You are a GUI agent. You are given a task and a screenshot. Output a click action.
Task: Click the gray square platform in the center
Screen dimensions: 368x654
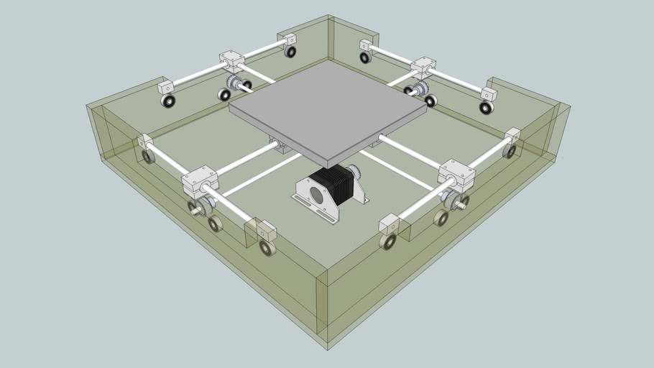pos(327,108)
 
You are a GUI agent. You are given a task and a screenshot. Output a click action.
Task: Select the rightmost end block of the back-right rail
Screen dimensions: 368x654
pos(489,95)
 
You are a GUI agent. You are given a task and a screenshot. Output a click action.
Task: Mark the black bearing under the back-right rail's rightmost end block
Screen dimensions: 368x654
pos(487,108)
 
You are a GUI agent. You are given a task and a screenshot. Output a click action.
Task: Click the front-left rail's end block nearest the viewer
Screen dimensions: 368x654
pos(266,231)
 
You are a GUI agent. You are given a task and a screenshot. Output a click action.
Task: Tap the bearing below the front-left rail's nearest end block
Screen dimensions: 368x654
pos(267,249)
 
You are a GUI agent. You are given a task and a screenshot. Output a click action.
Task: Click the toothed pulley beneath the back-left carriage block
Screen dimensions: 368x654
pos(234,83)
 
